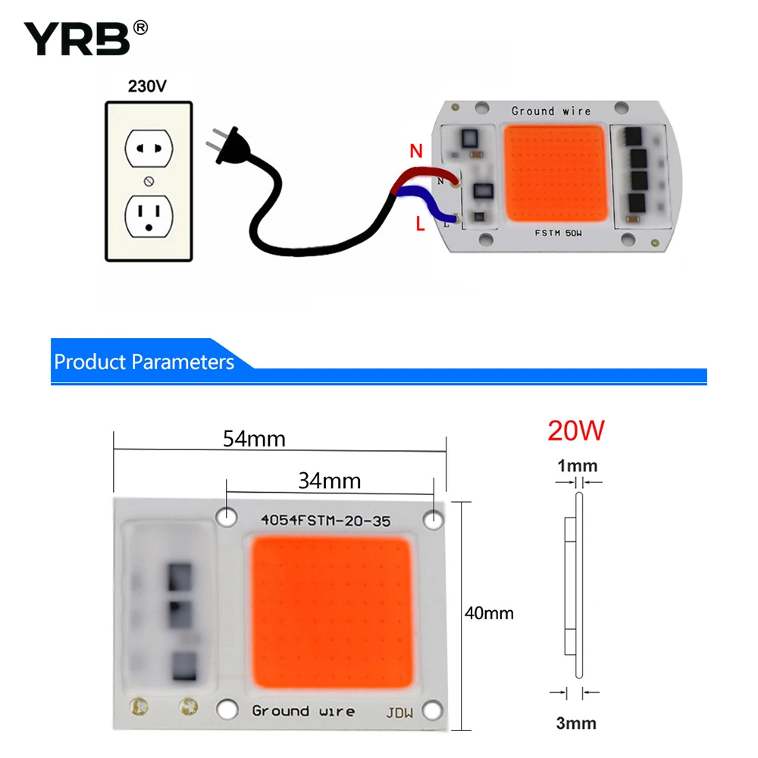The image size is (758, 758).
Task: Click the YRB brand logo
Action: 86,38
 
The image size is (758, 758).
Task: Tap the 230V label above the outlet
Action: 147,86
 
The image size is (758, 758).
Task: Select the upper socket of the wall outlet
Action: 149,149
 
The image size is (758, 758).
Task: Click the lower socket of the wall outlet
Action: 149,216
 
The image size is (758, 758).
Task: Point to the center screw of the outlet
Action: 149,181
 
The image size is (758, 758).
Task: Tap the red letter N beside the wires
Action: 416,152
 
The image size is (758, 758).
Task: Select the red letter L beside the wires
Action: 420,224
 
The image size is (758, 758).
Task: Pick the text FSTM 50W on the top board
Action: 559,233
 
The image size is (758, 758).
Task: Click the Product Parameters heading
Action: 144,362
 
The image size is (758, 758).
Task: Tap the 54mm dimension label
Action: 254,439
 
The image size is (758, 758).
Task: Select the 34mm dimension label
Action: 329,481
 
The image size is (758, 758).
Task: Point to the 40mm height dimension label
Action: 489,613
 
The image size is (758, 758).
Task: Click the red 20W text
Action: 576,431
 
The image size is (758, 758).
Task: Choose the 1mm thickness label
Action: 577,466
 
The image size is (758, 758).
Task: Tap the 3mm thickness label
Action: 576,723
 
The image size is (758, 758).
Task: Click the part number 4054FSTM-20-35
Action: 325,521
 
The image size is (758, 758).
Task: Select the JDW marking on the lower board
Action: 399,713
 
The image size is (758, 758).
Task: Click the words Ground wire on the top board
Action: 551,111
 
